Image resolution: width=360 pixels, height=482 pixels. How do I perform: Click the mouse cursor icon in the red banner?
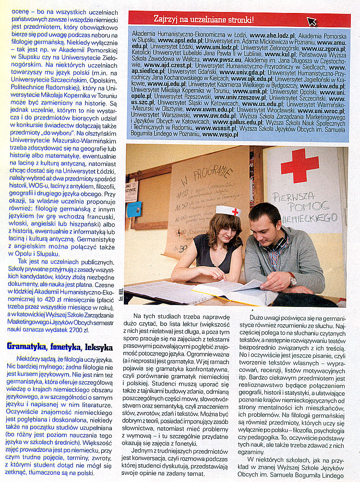[x=312, y=21]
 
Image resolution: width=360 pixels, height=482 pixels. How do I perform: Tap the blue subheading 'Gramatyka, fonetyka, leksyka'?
[x=60, y=346]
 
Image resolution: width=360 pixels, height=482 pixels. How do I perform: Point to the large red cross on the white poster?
[x=300, y=165]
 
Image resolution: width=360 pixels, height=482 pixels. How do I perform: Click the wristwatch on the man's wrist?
[x=292, y=280]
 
